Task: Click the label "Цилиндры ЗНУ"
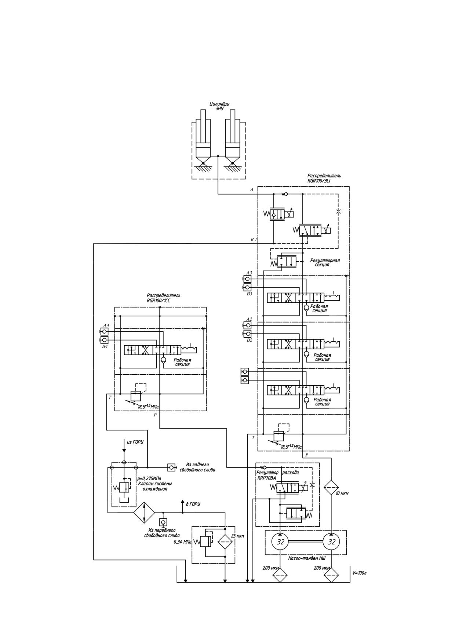219,106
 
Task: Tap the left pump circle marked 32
280,542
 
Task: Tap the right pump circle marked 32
332,542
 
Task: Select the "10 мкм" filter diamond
332,488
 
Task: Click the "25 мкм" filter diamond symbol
225,541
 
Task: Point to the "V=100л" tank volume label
359,573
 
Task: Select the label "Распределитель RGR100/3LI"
324,178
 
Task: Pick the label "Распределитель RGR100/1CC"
163,298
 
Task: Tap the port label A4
106,325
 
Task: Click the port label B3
250,294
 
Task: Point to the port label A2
249,319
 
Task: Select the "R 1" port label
254,239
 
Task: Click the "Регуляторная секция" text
325,262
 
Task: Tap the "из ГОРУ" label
135,442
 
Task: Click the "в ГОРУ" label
193,504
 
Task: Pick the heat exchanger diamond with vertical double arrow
144,512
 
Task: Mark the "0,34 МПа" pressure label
183,542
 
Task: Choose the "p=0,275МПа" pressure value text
149,478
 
